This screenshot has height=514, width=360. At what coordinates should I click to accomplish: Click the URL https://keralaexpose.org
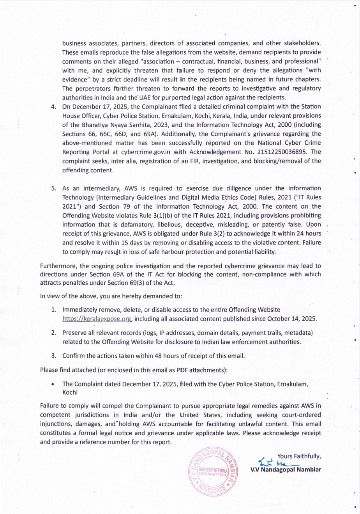pyautogui.click(x=97, y=319)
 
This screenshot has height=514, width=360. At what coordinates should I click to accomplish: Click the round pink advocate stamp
pyautogui.click(x=213, y=472)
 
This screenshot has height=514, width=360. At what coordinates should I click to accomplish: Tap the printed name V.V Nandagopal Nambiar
pyautogui.click(x=286, y=469)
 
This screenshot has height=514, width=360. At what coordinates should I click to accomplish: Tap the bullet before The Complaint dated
pyautogui.click(x=53, y=384)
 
